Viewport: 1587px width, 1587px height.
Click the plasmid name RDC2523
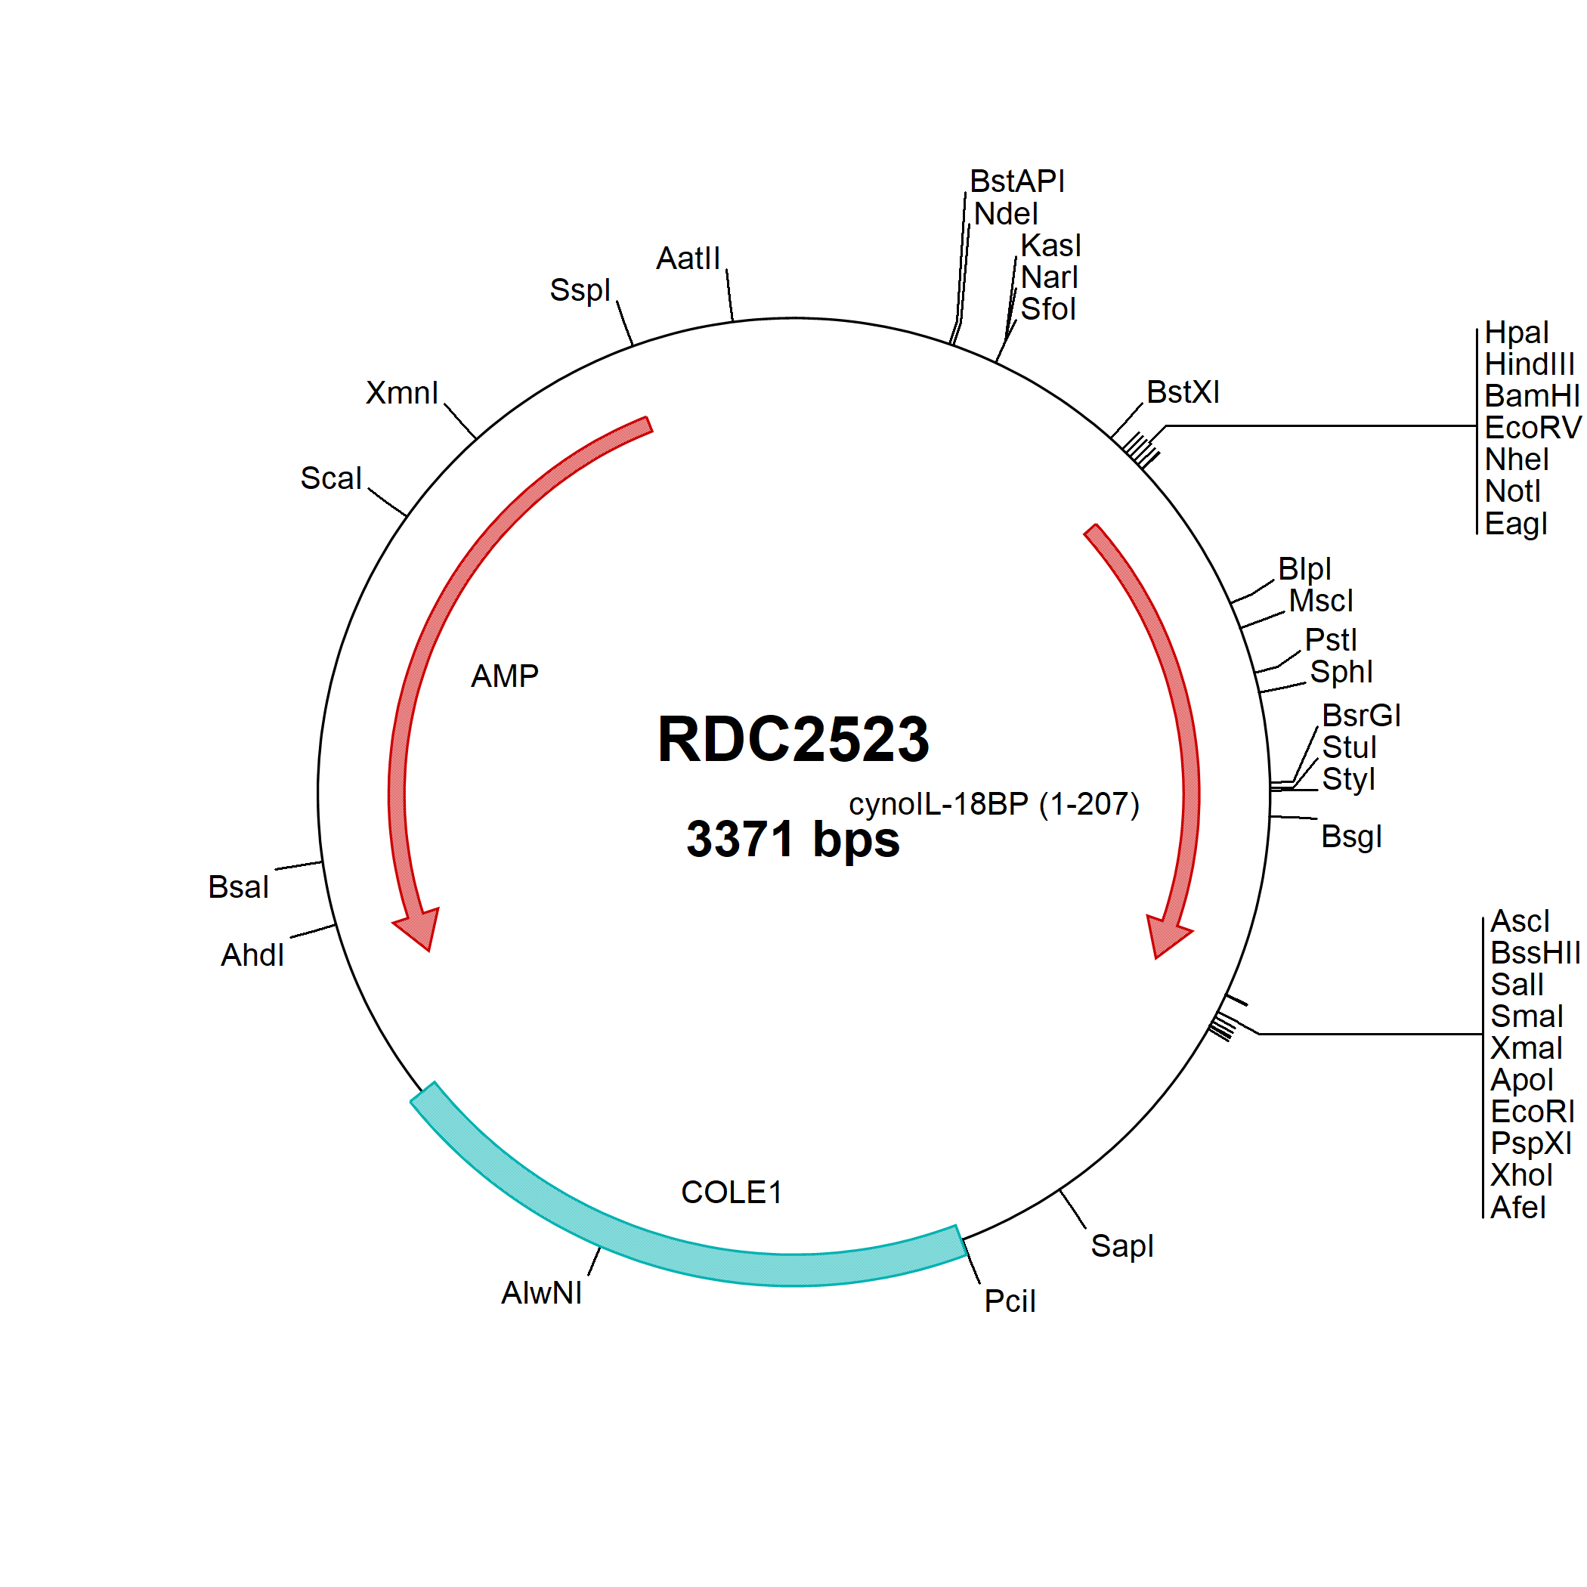point(793,738)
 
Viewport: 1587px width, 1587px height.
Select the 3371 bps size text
point(793,839)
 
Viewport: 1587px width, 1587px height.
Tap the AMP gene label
point(504,676)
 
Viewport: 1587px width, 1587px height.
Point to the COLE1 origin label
point(731,1192)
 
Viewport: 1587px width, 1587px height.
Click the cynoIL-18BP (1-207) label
point(994,804)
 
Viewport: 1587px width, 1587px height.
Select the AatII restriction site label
point(688,258)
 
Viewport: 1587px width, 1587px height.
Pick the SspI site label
point(580,290)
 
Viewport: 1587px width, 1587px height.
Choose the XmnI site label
point(402,393)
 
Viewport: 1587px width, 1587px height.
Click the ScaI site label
point(331,478)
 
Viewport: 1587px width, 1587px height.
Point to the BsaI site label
point(238,887)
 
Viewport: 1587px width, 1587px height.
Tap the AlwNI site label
point(541,1293)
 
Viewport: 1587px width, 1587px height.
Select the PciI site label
point(1010,1301)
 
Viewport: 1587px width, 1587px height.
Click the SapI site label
point(1122,1246)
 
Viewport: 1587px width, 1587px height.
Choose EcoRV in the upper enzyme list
point(1533,428)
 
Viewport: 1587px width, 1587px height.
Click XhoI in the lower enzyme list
point(1522,1175)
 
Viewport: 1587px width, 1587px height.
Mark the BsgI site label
point(1351,837)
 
